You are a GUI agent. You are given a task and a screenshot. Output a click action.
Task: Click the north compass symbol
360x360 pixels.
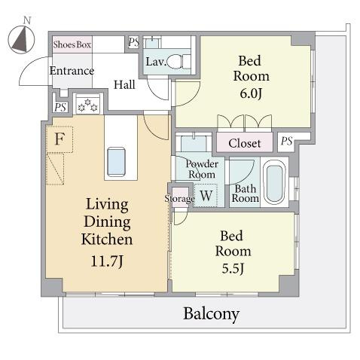point(21,39)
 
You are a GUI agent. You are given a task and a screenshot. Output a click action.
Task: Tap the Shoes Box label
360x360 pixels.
point(72,44)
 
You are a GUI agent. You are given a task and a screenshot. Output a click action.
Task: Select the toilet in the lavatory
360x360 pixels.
point(179,62)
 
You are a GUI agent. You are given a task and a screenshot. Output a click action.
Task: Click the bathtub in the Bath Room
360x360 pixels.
point(275,182)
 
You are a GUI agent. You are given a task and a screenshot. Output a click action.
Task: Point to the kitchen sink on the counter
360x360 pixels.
point(116,162)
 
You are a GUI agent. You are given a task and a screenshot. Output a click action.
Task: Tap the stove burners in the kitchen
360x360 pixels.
point(87,105)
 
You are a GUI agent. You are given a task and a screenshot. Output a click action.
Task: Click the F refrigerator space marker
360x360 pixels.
point(60,139)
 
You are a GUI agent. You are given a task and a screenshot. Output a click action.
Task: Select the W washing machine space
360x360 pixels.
point(206,195)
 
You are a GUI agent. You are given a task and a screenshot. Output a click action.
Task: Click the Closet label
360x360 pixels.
point(245,143)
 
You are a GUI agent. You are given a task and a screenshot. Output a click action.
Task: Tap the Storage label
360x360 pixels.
point(179,199)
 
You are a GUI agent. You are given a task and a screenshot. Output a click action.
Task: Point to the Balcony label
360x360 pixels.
point(211,314)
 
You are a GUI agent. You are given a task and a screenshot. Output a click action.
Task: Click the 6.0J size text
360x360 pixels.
point(251,93)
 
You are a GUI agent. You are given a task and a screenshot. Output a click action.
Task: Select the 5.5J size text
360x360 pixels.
point(233,268)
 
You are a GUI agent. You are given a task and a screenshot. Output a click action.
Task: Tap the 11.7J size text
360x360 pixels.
point(107,261)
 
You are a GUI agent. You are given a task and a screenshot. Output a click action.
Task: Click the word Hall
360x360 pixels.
point(124,84)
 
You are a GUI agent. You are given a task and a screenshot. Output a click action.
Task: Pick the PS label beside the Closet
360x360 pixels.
point(287,142)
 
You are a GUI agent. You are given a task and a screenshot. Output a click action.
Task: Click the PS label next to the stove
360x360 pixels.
point(60,108)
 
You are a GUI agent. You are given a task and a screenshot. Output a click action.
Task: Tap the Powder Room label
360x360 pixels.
point(202,169)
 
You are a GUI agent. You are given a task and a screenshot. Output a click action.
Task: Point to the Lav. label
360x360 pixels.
point(156,62)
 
